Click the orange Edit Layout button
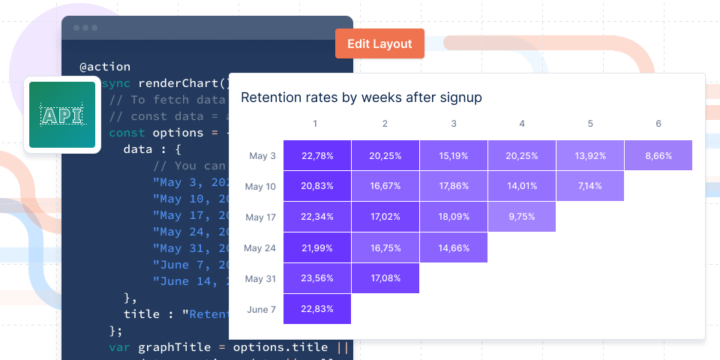click(379, 43)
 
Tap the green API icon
click(62, 115)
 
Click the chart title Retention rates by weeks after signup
click(361, 97)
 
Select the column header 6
click(658, 124)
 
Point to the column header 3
click(453, 124)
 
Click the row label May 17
click(261, 217)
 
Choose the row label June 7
click(261, 309)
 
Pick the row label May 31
click(261, 278)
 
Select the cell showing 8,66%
click(658, 156)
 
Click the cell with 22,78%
click(316, 156)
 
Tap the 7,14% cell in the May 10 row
click(589, 186)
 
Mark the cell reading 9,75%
click(521, 217)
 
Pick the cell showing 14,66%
click(453, 247)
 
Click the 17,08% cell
click(385, 278)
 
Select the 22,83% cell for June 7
click(316, 309)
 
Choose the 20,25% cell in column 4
click(521, 156)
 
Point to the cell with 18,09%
click(453, 217)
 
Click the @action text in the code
click(105, 67)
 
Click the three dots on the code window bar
click(85, 28)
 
